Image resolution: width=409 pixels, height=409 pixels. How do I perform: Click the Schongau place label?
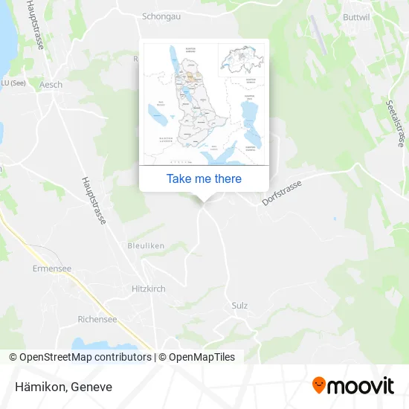tap(162, 15)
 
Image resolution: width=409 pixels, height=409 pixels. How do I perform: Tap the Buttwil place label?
tap(378, 16)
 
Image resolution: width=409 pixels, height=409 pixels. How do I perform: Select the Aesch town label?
tap(51, 85)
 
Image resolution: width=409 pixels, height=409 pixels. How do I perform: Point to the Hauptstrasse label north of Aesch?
tap(34, 26)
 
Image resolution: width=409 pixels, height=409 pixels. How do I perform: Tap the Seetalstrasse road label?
tap(394, 123)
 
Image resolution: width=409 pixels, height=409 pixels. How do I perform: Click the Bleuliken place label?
tap(146, 245)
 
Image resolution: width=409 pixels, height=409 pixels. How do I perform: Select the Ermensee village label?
tap(51, 268)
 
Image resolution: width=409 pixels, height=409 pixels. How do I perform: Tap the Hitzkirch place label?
tap(149, 289)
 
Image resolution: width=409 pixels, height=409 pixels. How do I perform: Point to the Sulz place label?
tap(239, 306)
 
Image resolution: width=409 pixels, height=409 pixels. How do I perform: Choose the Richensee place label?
tap(97, 319)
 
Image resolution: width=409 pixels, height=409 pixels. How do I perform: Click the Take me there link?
tap(204, 178)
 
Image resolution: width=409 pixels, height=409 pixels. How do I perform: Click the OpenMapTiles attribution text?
tap(197, 357)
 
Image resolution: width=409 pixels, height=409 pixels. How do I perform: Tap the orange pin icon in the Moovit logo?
tap(319, 385)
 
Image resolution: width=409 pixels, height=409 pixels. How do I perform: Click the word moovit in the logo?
tap(361, 386)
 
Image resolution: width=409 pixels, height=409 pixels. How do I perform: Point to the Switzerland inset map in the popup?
tap(240, 59)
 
